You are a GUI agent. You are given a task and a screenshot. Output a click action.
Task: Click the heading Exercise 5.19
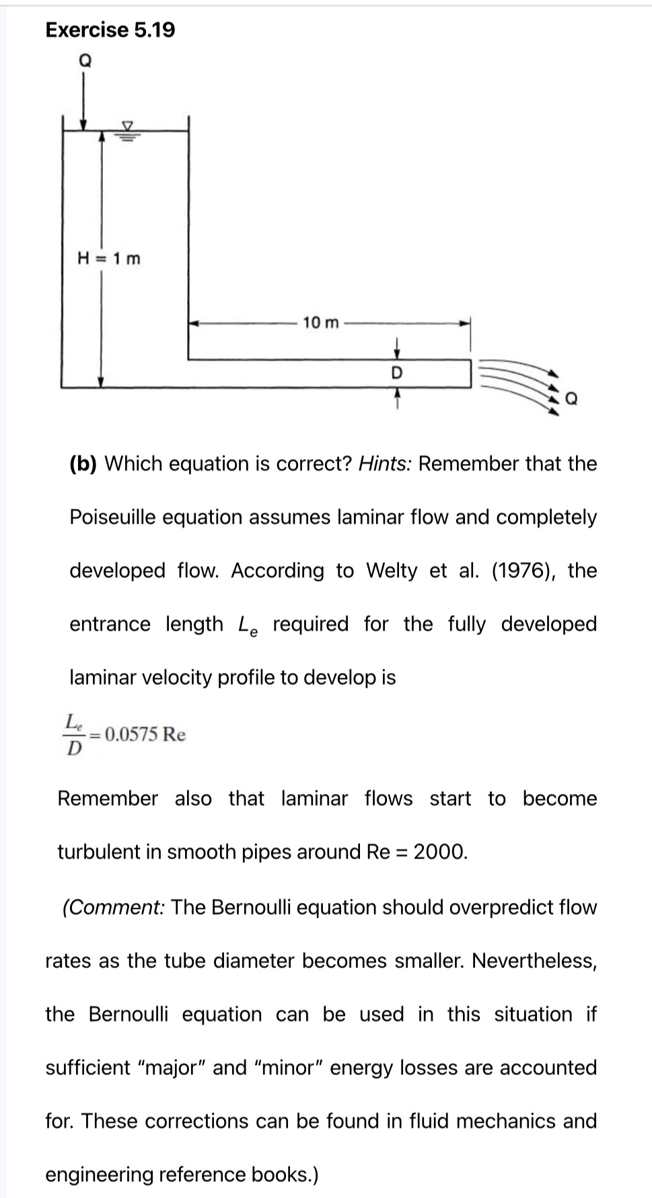point(110,30)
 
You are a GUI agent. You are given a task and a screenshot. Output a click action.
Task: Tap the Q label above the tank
point(85,60)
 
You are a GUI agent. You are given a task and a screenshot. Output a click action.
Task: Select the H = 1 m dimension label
point(110,258)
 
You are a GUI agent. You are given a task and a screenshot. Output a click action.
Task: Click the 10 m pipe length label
point(321,323)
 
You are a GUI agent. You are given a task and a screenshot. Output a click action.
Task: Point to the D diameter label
point(396,372)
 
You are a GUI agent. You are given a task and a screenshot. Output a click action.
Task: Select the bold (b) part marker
point(83,464)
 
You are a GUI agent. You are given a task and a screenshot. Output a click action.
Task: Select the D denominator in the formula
point(74,748)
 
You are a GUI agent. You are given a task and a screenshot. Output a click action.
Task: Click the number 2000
point(439,852)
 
